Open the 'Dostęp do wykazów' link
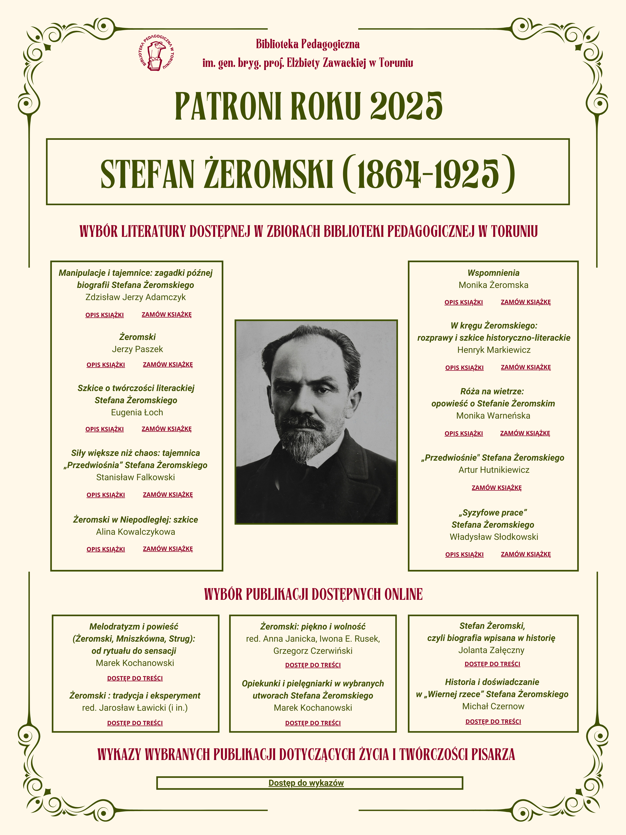(306, 783)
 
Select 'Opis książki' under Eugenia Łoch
(105, 429)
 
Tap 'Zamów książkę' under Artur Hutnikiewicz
(496, 488)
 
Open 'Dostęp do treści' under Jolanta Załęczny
(493, 664)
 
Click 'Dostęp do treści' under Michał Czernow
(493, 721)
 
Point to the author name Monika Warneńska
(493, 416)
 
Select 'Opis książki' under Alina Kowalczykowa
(106, 549)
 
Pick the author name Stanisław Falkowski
(135, 477)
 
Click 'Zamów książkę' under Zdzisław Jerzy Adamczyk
(166, 314)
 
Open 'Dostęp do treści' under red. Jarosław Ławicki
(135, 723)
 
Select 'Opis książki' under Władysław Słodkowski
(464, 554)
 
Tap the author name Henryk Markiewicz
(494, 350)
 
